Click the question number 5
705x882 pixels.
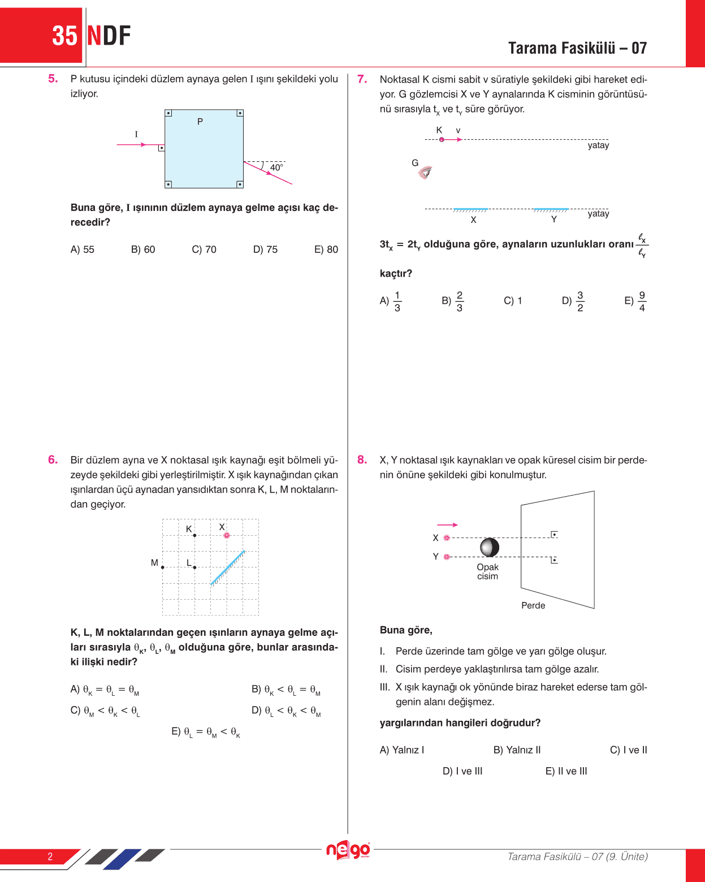point(53,79)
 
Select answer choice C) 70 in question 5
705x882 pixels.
point(204,249)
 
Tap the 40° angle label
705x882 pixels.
point(276,167)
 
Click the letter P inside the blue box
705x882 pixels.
point(200,122)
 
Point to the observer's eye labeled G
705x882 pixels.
point(425,172)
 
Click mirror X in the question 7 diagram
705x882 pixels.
point(470,210)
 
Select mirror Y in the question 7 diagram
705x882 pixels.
point(551,210)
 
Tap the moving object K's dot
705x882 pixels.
point(442,140)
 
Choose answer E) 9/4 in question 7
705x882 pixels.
point(636,301)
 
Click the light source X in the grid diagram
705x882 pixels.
point(227,535)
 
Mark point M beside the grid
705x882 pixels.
point(163,567)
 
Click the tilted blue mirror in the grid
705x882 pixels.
point(227,567)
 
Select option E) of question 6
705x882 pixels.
point(206,732)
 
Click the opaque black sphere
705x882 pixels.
point(490,547)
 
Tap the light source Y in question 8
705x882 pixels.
point(447,557)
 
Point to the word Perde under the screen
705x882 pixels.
point(533,605)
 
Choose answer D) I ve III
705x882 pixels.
point(462,771)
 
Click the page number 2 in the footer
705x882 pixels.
point(50,857)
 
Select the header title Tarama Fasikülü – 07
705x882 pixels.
point(577,48)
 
